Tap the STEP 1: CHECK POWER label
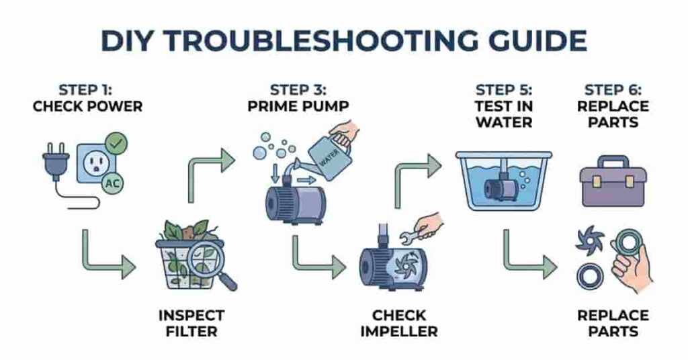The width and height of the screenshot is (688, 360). pos(87,98)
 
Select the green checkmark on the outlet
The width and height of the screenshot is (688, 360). pos(117,143)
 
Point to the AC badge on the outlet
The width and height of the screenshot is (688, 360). pos(111,182)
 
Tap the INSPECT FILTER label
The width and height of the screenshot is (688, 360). pos(191,323)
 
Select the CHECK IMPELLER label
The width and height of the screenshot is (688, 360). pos(399,323)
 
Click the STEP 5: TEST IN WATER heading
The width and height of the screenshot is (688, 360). pos(503,106)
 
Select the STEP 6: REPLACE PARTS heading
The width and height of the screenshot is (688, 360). pos(616,106)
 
